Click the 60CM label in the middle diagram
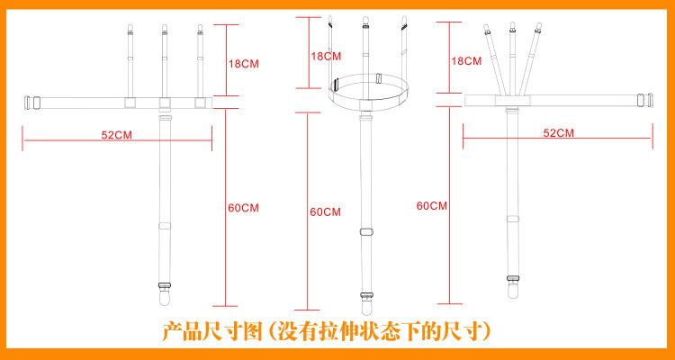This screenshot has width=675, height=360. (325, 212)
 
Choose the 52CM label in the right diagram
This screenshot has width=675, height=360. (558, 133)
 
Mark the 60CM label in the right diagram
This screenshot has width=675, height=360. (431, 206)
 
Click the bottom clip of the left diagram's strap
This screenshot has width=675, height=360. (165, 292)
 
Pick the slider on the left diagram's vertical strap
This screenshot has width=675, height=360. (165, 227)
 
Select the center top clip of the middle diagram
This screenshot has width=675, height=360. (365, 22)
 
